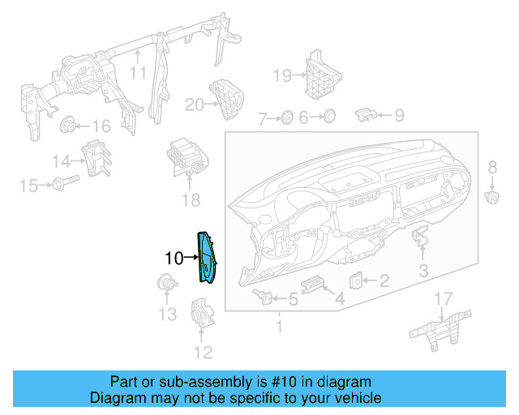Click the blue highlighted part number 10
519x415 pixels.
click(x=206, y=258)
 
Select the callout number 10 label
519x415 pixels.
click(x=174, y=259)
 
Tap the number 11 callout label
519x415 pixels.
click(x=139, y=74)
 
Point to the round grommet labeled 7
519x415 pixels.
click(x=287, y=118)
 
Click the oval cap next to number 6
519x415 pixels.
click(x=329, y=118)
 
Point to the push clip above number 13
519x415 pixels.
click(x=166, y=284)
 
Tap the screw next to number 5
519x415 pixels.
click(x=261, y=296)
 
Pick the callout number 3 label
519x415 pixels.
click(x=423, y=270)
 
